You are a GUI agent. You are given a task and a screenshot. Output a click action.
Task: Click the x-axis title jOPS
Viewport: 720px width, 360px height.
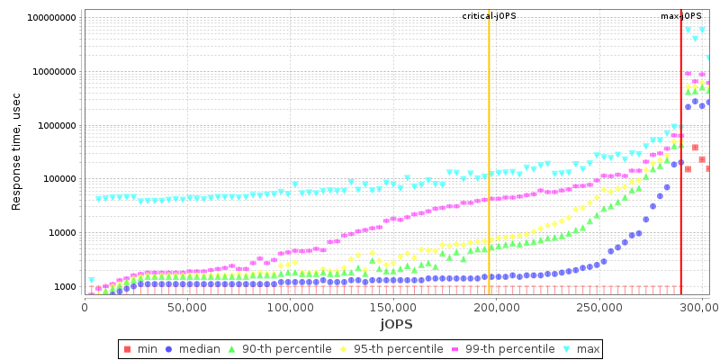[396, 323]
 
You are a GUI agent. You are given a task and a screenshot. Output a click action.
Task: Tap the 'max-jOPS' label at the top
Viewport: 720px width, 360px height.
[681, 16]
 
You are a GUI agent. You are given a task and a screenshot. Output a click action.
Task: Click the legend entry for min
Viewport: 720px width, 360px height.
[142, 348]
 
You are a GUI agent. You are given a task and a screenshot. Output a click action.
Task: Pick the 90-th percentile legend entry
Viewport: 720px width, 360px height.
[279, 348]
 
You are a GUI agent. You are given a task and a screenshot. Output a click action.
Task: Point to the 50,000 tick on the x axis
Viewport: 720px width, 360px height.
[187, 308]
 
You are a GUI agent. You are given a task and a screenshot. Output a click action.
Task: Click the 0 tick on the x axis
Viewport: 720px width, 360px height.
[85, 308]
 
